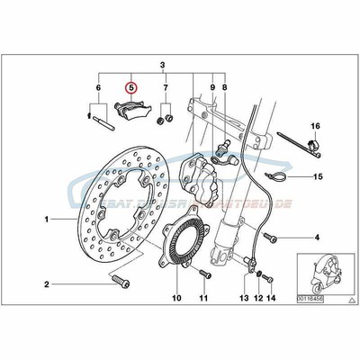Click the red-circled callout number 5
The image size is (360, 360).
coord(131,88)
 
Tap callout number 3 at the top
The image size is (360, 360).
coord(163,66)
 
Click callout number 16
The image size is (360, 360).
coord(316,125)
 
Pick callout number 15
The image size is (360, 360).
coord(317,177)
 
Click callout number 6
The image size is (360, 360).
coord(96,88)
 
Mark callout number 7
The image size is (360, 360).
coord(166,88)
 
